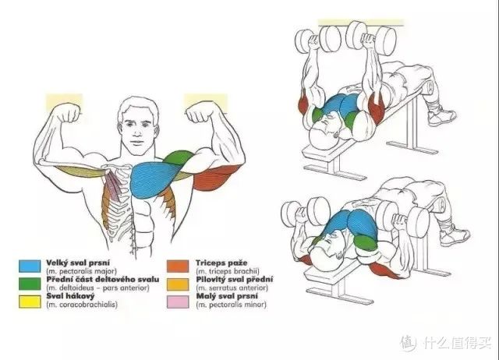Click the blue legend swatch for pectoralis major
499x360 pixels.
coord(30,266)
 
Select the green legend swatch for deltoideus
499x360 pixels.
coord(30,284)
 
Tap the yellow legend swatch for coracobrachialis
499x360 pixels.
coord(30,302)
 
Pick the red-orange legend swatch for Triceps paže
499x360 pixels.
coord(178,266)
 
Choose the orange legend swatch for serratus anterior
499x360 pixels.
coord(178,284)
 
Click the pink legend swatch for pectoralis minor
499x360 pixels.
coord(178,302)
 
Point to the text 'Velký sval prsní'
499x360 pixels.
coord(78,263)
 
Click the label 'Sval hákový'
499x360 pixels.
coord(70,296)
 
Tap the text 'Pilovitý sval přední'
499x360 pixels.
coord(234,280)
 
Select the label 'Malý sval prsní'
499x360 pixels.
coord(227,296)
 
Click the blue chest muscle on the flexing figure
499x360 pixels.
coord(153,180)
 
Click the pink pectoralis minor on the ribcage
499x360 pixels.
coord(112,187)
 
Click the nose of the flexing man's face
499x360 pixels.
coord(138,129)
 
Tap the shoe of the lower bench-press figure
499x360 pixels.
coord(454,235)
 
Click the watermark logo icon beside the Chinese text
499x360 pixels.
coord(409,344)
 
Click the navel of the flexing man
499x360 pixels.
coord(133,235)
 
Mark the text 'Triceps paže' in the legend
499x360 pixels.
coord(221,263)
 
